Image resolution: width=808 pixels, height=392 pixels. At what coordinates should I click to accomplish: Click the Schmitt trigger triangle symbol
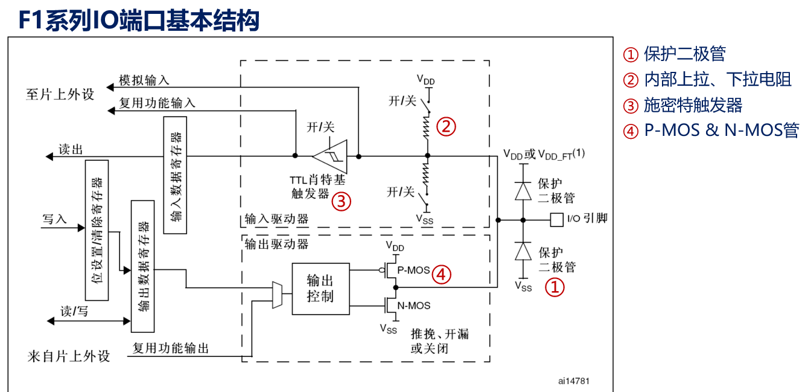(x=332, y=156)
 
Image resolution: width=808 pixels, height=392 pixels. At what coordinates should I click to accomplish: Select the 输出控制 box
(x=320, y=289)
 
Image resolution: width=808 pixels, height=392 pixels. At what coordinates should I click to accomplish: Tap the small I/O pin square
(x=556, y=219)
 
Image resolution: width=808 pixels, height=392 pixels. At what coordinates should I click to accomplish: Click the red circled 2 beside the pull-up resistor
(x=446, y=127)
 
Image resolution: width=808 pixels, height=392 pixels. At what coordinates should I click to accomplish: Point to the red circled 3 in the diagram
(x=341, y=201)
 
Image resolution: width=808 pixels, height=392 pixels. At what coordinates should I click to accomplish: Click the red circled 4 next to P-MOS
(x=441, y=275)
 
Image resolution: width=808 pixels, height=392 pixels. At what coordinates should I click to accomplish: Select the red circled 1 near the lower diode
(x=555, y=287)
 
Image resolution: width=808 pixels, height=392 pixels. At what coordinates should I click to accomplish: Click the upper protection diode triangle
(x=523, y=191)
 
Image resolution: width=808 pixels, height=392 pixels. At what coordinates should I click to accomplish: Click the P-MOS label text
(x=413, y=271)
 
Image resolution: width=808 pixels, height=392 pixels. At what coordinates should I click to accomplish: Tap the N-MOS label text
(x=414, y=306)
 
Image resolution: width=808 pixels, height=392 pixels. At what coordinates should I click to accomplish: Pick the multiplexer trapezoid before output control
(x=277, y=295)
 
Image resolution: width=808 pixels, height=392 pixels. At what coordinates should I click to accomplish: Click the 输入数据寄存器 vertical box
(x=175, y=175)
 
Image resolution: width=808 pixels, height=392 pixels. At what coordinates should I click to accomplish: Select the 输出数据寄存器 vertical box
(x=142, y=266)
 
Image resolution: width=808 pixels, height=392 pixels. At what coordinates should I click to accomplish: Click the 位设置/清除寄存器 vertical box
(x=97, y=230)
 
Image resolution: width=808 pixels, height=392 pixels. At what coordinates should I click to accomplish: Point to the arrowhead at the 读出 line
(x=49, y=156)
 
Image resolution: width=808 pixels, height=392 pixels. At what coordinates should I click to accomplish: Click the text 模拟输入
(x=144, y=80)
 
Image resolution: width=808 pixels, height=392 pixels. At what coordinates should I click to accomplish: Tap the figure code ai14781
(x=573, y=381)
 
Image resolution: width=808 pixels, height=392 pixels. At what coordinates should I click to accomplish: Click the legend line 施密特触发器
(x=682, y=106)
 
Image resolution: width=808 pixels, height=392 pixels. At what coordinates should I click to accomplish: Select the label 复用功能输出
(x=171, y=348)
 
